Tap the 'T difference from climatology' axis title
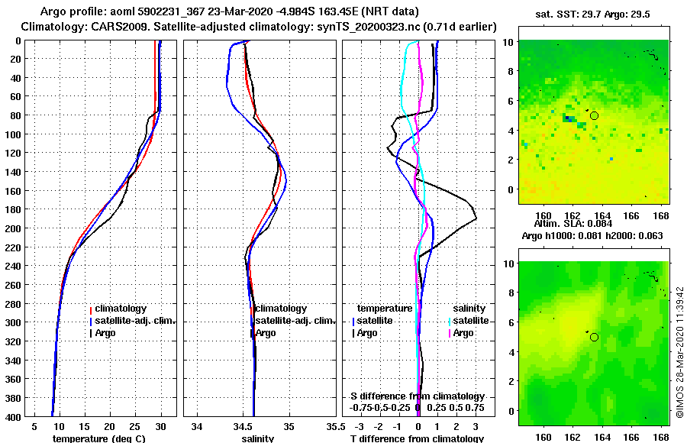(x=417, y=438)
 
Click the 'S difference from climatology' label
(x=417, y=396)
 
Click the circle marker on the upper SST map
(x=594, y=115)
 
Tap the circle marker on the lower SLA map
(x=594, y=337)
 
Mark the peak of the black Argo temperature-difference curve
(x=476, y=219)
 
